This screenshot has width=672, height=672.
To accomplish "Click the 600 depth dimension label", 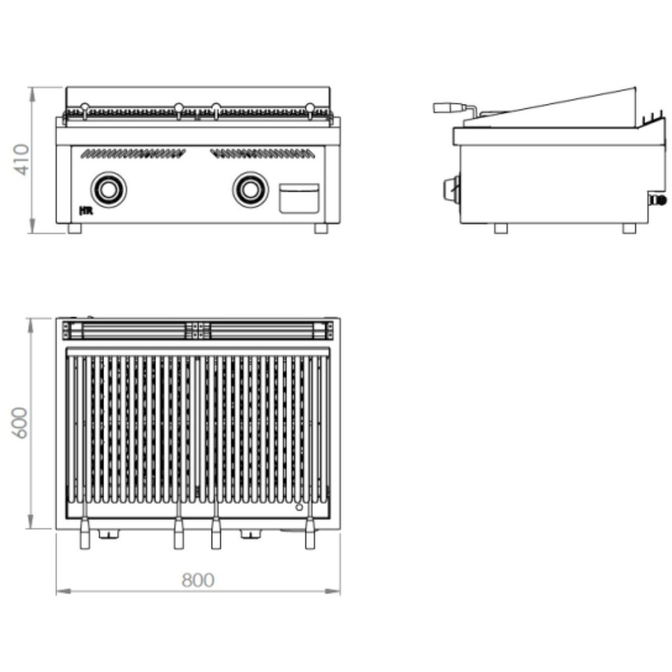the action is [x=20, y=423].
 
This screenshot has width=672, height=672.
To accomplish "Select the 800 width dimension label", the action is [x=198, y=580].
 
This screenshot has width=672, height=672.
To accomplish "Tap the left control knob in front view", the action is [x=109, y=190].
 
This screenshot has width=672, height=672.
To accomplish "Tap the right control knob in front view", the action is [x=251, y=190].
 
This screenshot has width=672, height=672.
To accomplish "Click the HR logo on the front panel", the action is [x=86, y=211].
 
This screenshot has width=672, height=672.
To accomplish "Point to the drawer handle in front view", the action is [x=299, y=198].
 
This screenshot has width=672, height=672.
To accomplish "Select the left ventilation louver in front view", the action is [x=133, y=154].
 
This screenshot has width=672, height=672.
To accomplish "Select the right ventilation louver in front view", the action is [x=262, y=154].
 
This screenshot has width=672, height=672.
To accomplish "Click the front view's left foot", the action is [x=75, y=228].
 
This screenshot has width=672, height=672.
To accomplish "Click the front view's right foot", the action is [x=321, y=228].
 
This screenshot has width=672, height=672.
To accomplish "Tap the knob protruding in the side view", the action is [x=451, y=188].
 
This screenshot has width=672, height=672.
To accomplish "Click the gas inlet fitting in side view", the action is [x=658, y=199].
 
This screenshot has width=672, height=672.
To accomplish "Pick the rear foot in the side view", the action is [x=629, y=228].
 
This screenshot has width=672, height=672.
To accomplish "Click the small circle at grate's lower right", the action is [x=299, y=507].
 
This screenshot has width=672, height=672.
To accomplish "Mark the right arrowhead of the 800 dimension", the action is [x=333, y=591].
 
